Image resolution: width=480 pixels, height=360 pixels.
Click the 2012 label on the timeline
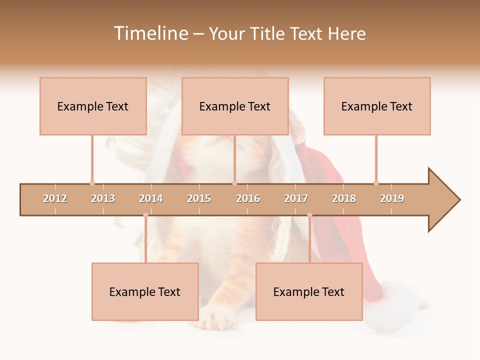pyautogui.click(x=55, y=198)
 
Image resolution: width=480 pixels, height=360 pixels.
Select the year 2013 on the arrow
pyautogui.click(x=103, y=198)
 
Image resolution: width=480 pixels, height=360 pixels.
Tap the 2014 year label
pyautogui.click(x=151, y=198)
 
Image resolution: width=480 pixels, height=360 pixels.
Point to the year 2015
pyautogui.click(x=199, y=198)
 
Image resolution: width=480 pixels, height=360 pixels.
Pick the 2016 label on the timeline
pyautogui.click(x=248, y=198)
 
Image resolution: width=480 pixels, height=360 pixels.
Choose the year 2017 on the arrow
pyautogui.click(x=296, y=198)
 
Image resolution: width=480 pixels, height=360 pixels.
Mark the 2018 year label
pyautogui.click(x=344, y=198)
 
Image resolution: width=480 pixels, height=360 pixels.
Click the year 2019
pyautogui.click(x=392, y=198)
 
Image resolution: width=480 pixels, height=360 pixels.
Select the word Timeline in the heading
pyautogui.click(x=150, y=33)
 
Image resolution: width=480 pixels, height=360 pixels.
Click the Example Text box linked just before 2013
pyautogui.click(x=93, y=106)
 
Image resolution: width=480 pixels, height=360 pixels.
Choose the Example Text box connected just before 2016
pyautogui.click(x=235, y=106)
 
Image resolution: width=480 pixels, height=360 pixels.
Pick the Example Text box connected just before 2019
pyautogui.click(x=377, y=106)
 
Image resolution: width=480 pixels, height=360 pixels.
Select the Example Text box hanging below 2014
pyautogui.click(x=145, y=291)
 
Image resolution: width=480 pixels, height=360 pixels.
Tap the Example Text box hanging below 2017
pyautogui.click(x=309, y=291)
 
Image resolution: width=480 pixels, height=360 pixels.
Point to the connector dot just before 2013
pyautogui.click(x=92, y=183)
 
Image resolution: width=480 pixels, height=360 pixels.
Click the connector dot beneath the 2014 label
pyautogui.click(x=145, y=215)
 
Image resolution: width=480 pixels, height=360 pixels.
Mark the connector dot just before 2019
pyautogui.click(x=376, y=183)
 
